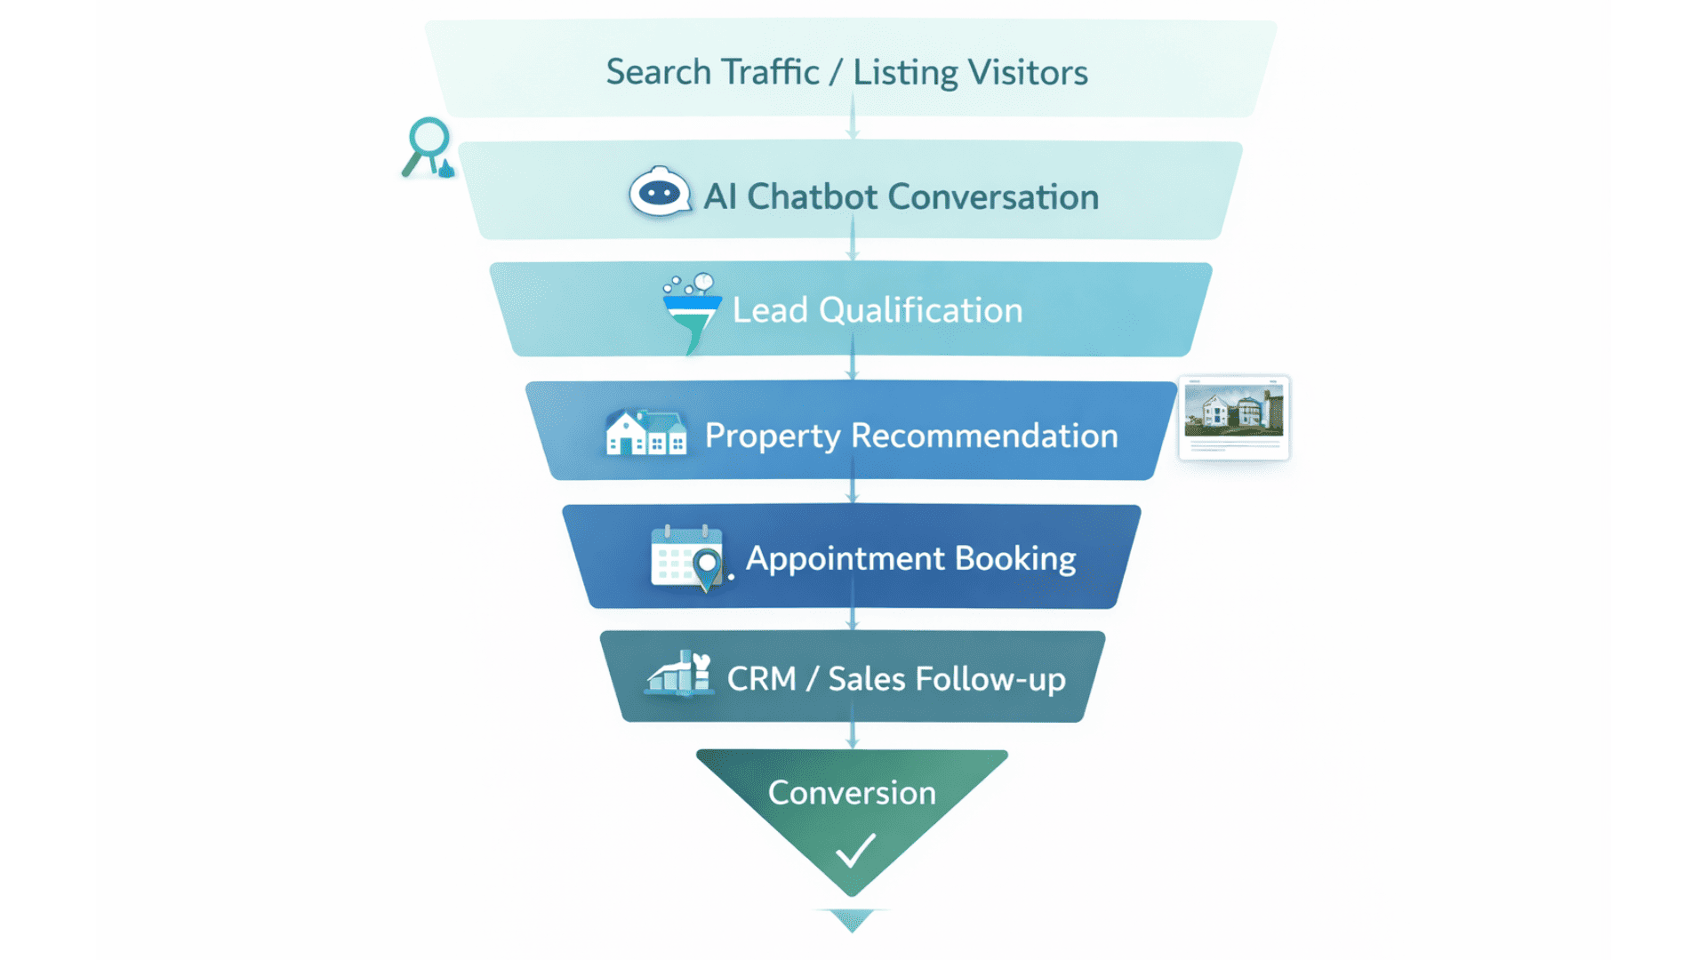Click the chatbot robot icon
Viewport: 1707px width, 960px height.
click(x=660, y=192)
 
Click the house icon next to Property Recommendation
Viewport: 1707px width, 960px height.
click(x=645, y=434)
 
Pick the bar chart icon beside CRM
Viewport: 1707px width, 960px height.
click(x=679, y=674)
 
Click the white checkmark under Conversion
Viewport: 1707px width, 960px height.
click(x=855, y=850)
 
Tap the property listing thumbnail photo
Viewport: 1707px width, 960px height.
click(x=1234, y=411)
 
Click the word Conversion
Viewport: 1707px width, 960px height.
click(x=852, y=792)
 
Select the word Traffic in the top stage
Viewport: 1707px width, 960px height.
click(x=770, y=72)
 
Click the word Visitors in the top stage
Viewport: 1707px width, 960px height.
click(x=1028, y=72)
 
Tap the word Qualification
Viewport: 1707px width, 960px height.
click(x=920, y=310)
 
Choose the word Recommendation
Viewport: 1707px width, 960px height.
click(x=984, y=436)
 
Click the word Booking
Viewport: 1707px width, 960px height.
click(x=1015, y=558)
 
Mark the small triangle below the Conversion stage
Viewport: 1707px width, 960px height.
click(x=852, y=919)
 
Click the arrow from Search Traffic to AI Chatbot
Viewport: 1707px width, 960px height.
click(x=853, y=117)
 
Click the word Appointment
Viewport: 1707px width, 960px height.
click(x=845, y=558)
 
